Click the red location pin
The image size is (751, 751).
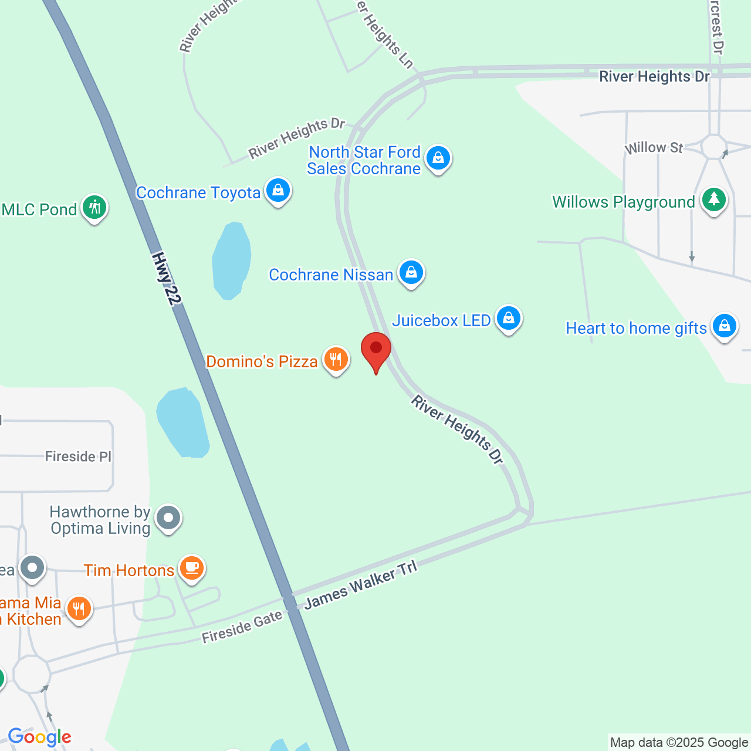[x=375, y=350]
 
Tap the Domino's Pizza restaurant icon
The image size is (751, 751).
[x=336, y=359]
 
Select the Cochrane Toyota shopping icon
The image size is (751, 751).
[x=278, y=191]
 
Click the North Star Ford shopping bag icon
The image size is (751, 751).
[x=438, y=158]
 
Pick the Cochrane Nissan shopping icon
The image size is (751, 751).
[x=411, y=273]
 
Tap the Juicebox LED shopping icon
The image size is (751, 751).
[x=509, y=319]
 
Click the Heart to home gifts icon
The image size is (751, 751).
[x=725, y=326]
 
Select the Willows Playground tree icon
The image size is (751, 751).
[x=713, y=200]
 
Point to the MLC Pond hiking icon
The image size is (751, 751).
[x=94, y=208]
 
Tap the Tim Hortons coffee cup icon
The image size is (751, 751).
[x=192, y=569]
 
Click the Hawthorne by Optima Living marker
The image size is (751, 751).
[x=169, y=519]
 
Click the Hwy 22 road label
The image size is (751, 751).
[x=166, y=279]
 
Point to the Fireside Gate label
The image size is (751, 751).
[x=242, y=627]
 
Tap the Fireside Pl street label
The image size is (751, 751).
[x=78, y=456]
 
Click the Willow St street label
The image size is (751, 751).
[x=654, y=147]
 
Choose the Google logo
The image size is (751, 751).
[x=39, y=737]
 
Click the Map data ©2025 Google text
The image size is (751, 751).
[x=679, y=743]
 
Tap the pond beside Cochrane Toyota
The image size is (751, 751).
[x=232, y=261]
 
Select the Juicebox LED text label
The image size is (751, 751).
[x=441, y=320]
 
